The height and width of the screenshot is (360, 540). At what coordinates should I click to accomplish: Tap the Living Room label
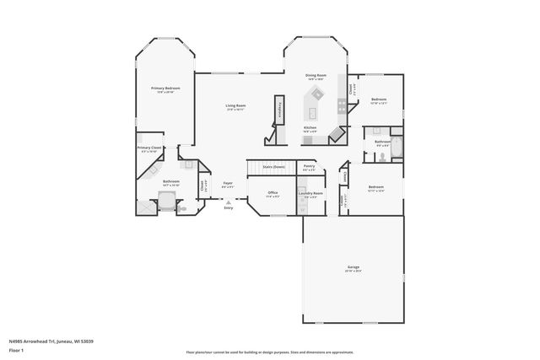pyautogui.click(x=235, y=106)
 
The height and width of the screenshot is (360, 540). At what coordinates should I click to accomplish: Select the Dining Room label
pyautogui.click(x=316, y=76)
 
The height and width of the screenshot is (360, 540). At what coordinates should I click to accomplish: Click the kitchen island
pyautogui.click(x=315, y=112)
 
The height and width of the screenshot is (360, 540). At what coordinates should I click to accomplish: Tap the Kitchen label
pyautogui.click(x=310, y=127)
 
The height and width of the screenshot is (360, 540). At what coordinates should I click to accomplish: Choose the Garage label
pyautogui.click(x=353, y=267)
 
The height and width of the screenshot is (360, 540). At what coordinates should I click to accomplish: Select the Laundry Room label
pyautogui.click(x=310, y=193)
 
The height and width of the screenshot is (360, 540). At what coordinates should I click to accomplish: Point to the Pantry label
pyautogui.click(x=309, y=167)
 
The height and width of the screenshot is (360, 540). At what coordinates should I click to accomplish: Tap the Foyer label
pyautogui.click(x=228, y=183)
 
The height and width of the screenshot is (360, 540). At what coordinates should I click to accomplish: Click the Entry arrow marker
pyautogui.click(x=228, y=202)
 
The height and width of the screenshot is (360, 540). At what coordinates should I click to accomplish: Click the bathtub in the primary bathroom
pyautogui.click(x=167, y=201)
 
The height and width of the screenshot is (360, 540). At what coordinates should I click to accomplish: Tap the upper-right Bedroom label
pyautogui.click(x=378, y=100)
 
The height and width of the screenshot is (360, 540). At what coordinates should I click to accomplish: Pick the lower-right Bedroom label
pyautogui.click(x=375, y=187)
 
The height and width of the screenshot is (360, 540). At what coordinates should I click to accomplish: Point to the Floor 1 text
pyautogui.click(x=17, y=349)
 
